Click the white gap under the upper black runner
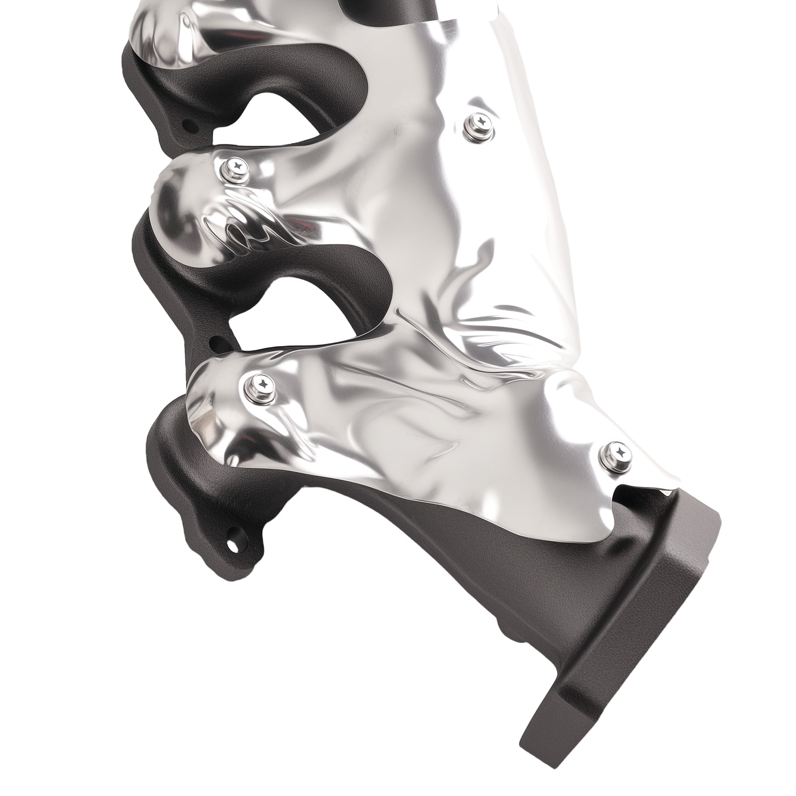[279, 119]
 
